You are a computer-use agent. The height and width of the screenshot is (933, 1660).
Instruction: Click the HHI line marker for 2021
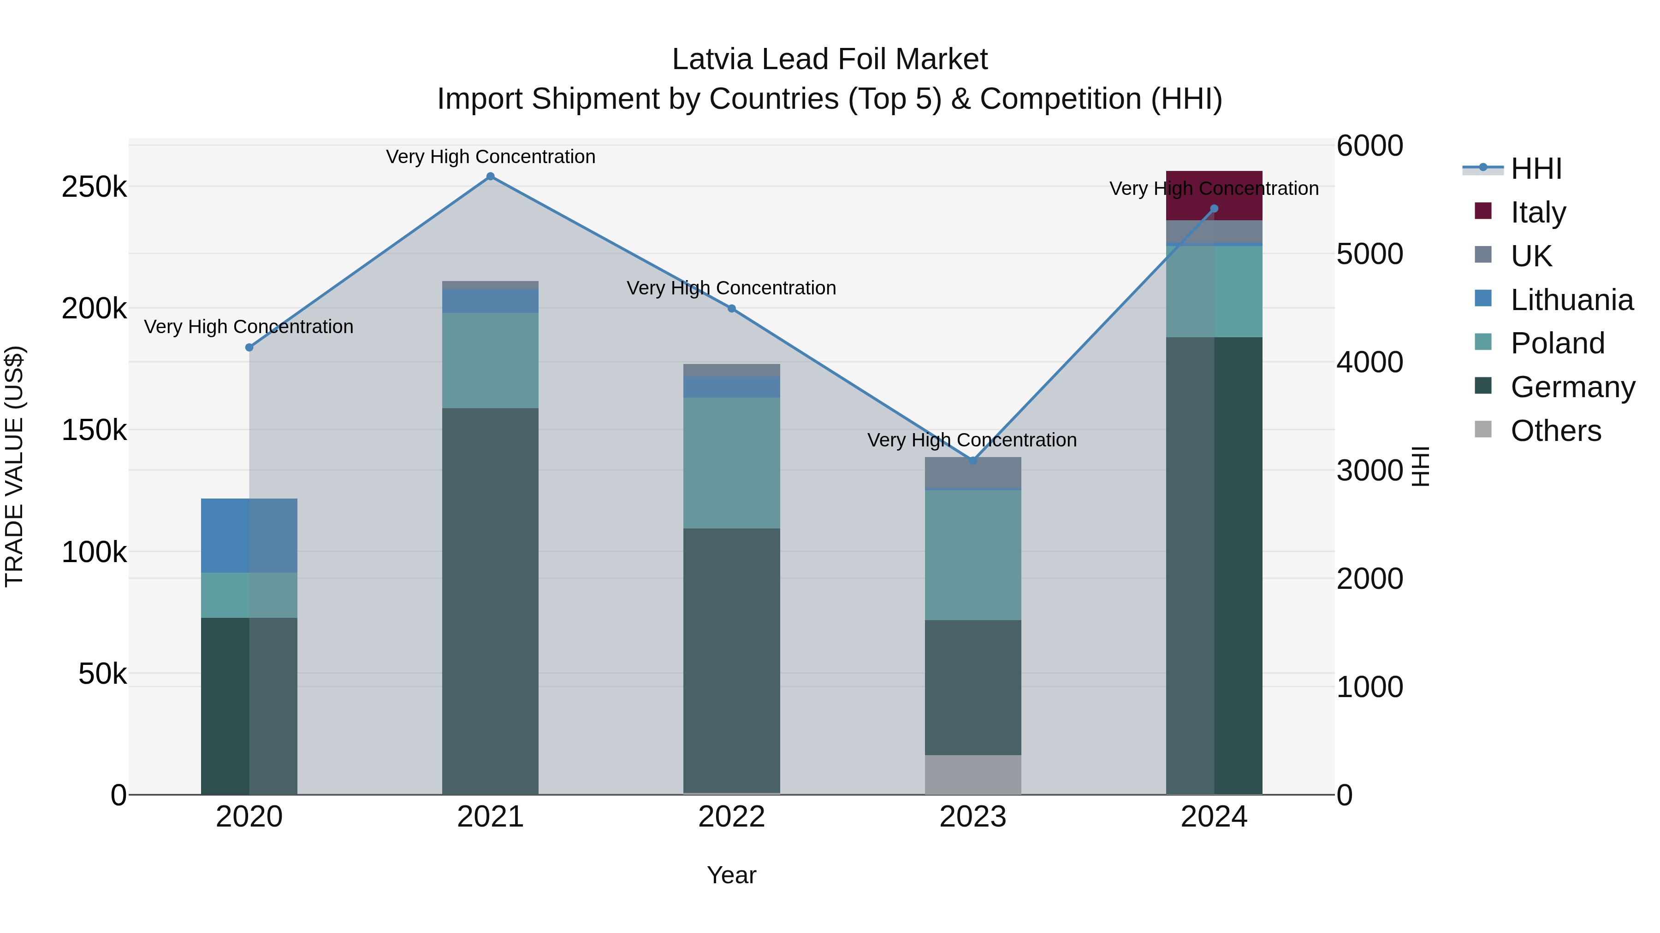491,176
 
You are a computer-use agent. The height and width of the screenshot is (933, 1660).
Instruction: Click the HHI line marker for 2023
973,461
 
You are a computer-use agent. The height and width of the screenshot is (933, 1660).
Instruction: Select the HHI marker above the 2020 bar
249,348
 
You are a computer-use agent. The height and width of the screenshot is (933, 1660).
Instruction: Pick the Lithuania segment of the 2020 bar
249,536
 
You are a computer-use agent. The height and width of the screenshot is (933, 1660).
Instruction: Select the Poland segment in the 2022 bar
731,463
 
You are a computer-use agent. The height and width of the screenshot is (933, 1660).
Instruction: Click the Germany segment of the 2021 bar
491,601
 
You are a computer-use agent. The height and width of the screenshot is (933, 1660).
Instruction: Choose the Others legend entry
1556,431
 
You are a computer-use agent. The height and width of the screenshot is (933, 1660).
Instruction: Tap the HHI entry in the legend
1536,169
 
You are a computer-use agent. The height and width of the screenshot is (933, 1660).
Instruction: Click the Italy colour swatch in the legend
1483,211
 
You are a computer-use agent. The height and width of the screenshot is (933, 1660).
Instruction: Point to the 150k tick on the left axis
94,430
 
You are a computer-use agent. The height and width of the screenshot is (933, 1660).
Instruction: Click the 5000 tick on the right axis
1369,254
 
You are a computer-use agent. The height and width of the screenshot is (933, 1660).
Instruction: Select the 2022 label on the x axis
731,817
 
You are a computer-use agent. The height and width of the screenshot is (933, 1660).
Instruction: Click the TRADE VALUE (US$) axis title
15,466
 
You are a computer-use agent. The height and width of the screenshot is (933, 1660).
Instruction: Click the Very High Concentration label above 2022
731,288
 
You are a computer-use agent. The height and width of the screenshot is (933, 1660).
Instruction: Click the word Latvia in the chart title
711,59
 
